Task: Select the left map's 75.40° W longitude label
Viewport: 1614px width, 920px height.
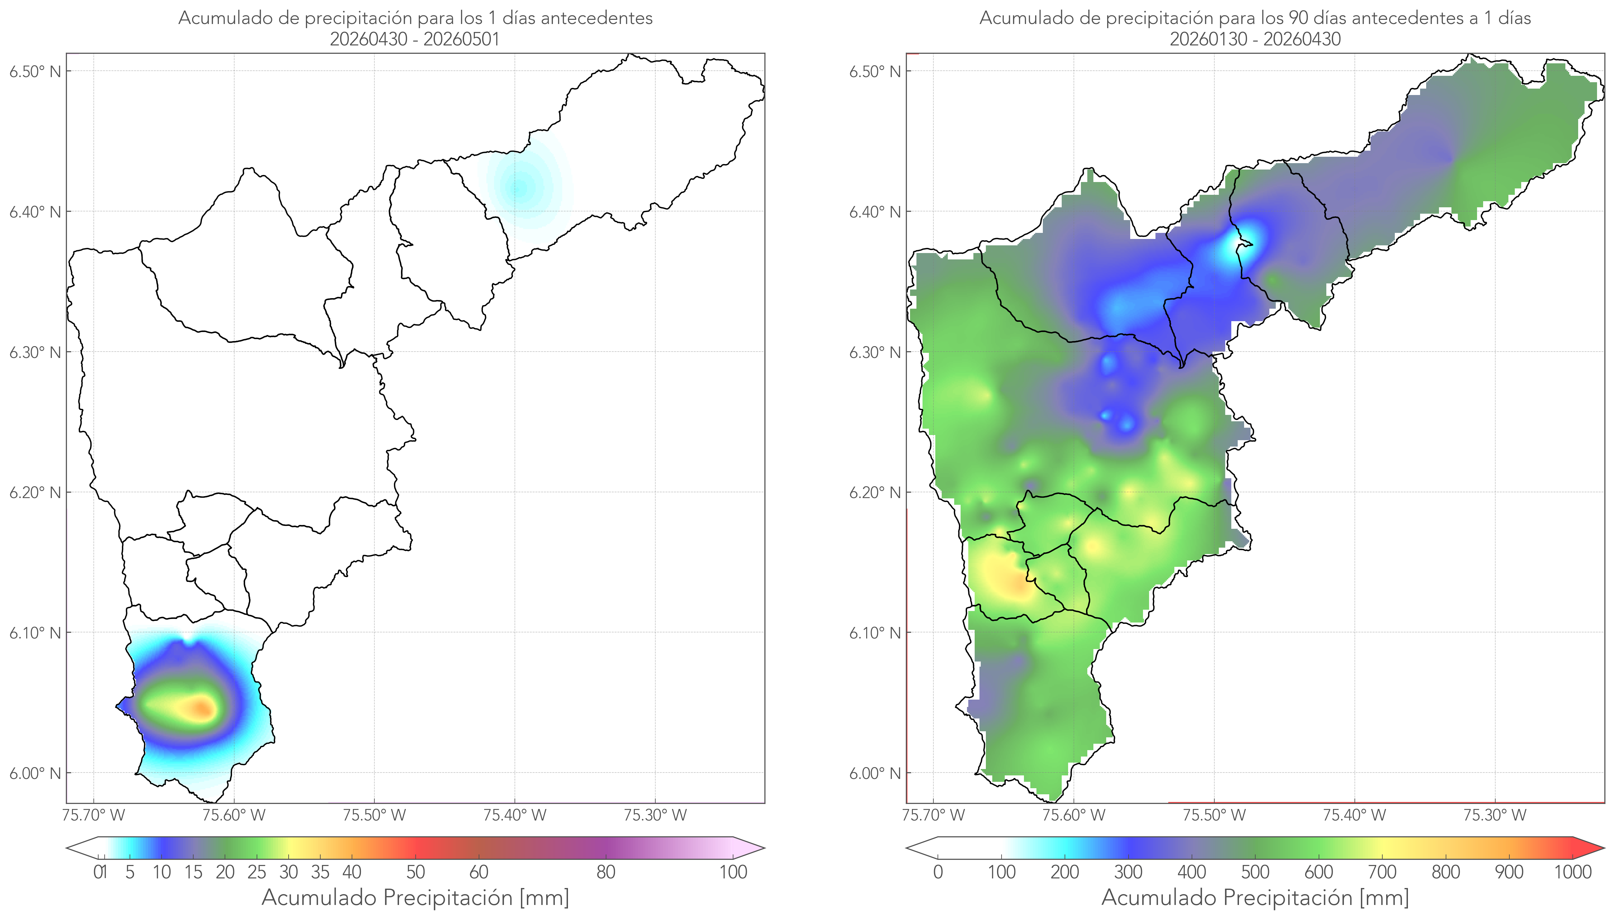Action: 515,815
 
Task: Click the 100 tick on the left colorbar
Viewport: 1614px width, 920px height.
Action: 733,872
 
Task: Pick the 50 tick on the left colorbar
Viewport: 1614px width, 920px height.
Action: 415,872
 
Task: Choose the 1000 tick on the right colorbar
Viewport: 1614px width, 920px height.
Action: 1572,872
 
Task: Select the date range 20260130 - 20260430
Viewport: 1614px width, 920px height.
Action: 1255,39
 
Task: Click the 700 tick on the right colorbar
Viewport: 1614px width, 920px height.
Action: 1382,872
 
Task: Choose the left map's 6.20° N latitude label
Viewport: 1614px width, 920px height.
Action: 35,492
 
